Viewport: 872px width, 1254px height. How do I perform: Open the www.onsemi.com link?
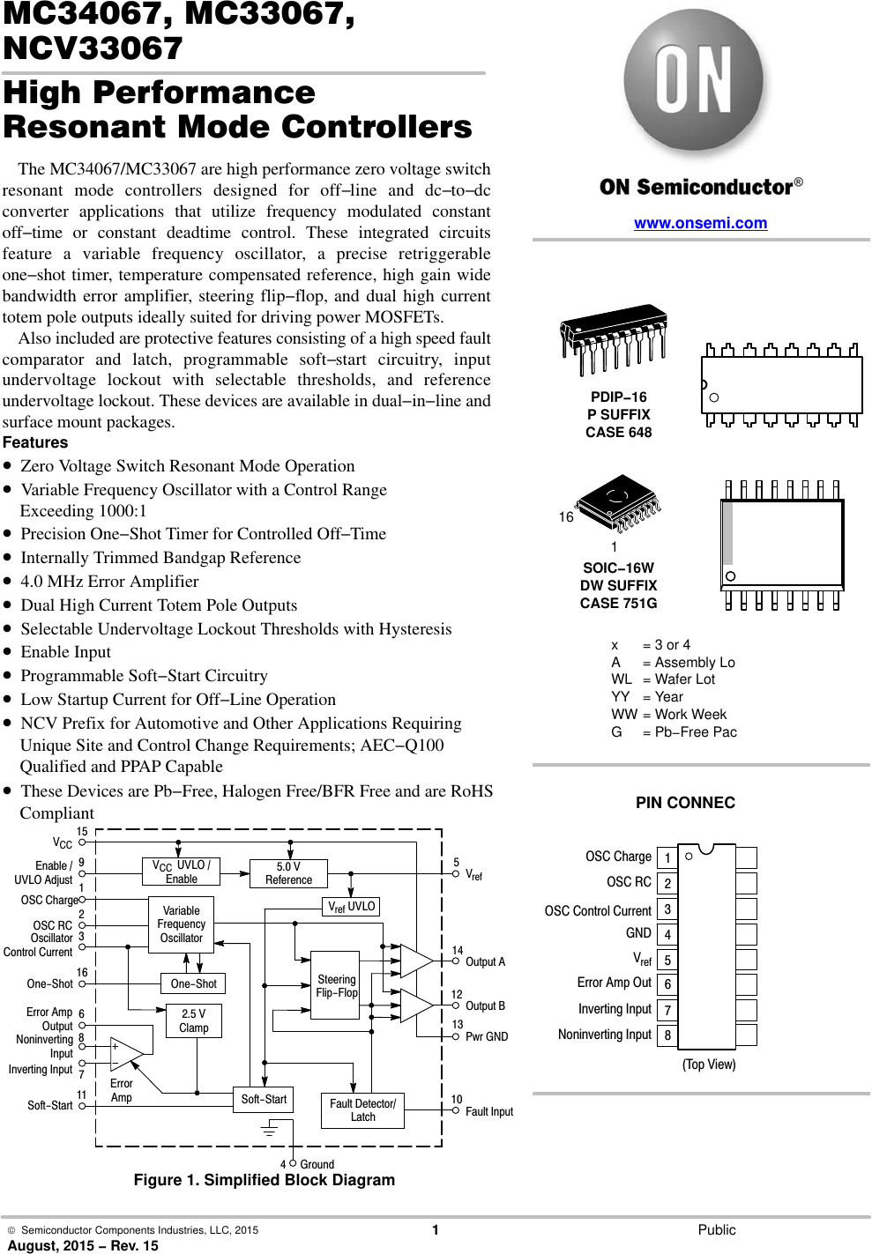click(x=700, y=223)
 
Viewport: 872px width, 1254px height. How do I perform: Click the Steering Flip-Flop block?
click(x=336, y=985)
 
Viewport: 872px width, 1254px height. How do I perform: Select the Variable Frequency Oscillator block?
click(x=181, y=924)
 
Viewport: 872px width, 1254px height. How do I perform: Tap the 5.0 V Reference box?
click(x=288, y=873)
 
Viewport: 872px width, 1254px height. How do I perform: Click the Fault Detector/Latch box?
click(x=362, y=1110)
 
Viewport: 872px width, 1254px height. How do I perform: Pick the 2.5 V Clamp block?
click(x=193, y=1020)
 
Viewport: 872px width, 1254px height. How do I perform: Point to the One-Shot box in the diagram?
click(x=193, y=983)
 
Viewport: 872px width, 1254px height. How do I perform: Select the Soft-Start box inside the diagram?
click(x=264, y=1099)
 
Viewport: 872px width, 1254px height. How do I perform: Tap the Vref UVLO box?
click(x=351, y=906)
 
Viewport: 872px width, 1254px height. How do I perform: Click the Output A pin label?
click(x=485, y=961)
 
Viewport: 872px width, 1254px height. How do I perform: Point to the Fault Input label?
click(x=488, y=1111)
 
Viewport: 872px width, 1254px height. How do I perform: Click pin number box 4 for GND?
click(x=667, y=934)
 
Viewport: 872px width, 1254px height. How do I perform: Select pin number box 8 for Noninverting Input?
click(x=667, y=1035)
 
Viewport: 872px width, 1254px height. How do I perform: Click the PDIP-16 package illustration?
click(x=614, y=339)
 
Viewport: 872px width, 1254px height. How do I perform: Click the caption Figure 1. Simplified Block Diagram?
click(x=264, y=1180)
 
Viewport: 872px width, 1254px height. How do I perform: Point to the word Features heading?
click(x=35, y=442)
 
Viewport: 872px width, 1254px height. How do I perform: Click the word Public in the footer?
click(x=716, y=1229)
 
